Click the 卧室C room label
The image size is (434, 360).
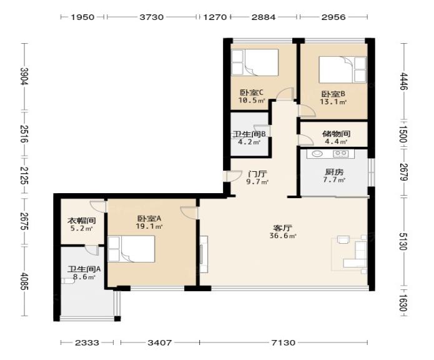click(251, 92)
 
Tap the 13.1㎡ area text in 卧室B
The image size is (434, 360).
click(333, 102)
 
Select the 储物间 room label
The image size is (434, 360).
click(336, 134)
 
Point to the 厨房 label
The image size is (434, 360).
click(334, 172)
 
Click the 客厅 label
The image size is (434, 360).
click(283, 228)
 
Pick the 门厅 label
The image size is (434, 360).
click(257, 174)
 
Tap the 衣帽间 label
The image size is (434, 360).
click(82, 221)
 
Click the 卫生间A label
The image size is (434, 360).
click(84, 269)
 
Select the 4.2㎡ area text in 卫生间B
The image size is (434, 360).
click(249, 142)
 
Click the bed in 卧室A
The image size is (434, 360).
click(131, 249)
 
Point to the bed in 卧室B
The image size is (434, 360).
click(343, 70)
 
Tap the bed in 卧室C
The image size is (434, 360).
click(255, 62)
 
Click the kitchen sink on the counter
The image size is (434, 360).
click(316, 154)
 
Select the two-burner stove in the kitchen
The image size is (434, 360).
click(340, 153)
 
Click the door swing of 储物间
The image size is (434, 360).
click(305, 140)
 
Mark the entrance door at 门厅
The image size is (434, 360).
click(232, 176)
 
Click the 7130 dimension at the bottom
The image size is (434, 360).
click(283, 342)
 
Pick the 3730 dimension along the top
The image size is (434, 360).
click(151, 17)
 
